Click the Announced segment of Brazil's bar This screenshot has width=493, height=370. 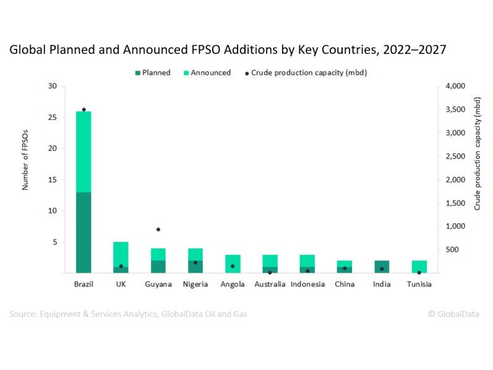click(x=84, y=152)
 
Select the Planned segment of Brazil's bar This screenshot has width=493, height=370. click(x=84, y=232)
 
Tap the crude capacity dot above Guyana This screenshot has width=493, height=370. click(x=158, y=230)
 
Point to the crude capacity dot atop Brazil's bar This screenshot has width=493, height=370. click(x=84, y=110)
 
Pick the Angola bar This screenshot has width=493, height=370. click(x=233, y=264)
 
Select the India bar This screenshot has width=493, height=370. click(x=382, y=267)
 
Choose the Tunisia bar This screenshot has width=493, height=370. click(x=419, y=267)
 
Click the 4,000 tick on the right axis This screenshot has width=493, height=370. click(x=455, y=86)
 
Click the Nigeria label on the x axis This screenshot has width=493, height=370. click(x=195, y=284)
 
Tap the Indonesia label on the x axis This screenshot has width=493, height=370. click(x=307, y=284)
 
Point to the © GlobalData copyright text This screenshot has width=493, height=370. click(x=453, y=314)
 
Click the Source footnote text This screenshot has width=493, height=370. click(x=128, y=314)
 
